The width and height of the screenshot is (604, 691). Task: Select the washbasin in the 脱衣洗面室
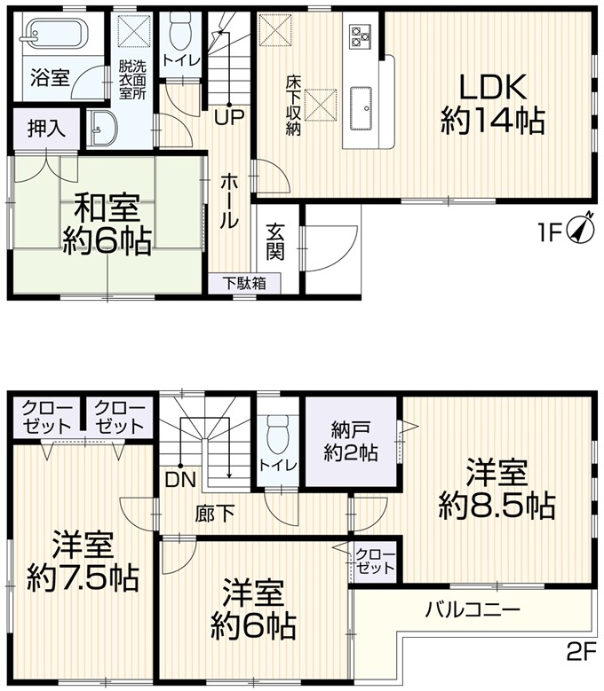(x=103, y=127)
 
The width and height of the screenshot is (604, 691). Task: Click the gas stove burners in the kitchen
(x=360, y=36)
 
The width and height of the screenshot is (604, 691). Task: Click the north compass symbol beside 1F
(x=579, y=229)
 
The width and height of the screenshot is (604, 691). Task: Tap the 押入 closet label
(x=46, y=129)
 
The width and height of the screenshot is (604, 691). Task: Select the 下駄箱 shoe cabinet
(x=244, y=284)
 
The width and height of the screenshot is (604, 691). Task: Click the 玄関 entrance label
(x=274, y=242)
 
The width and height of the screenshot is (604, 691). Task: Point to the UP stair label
(x=229, y=118)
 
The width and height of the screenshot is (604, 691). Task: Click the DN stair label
(x=180, y=480)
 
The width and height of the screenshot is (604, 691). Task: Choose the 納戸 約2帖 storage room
(x=351, y=441)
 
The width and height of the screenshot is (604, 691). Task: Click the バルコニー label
(x=473, y=610)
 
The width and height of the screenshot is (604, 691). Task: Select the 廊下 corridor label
(x=214, y=514)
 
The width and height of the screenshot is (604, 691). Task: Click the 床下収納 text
(x=293, y=106)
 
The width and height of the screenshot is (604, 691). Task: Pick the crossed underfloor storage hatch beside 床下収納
(x=321, y=105)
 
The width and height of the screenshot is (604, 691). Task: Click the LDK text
(x=493, y=87)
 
